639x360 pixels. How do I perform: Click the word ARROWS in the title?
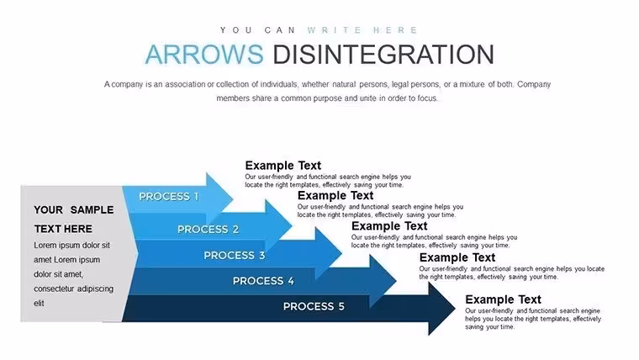pyautogui.click(x=204, y=54)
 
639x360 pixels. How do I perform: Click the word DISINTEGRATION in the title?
pyautogui.click(x=383, y=54)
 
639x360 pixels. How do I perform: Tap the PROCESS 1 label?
pyautogui.click(x=169, y=197)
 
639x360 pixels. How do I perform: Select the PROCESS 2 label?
pyautogui.click(x=208, y=229)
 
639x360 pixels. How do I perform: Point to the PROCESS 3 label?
pyautogui.click(x=235, y=255)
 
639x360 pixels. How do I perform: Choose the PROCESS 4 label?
pyautogui.click(x=263, y=281)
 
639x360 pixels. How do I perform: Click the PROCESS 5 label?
pyautogui.click(x=314, y=306)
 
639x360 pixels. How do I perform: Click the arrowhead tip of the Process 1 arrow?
pyautogui.click(x=233, y=199)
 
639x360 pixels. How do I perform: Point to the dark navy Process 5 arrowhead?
pyautogui.click(x=441, y=309)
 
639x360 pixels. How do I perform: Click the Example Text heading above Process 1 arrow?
pyautogui.click(x=283, y=166)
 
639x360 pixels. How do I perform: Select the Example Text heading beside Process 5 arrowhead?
pyautogui.click(x=503, y=299)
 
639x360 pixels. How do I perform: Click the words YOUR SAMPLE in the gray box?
pyautogui.click(x=74, y=210)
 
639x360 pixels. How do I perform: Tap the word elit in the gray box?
pyautogui.click(x=39, y=303)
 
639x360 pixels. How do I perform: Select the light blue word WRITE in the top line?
pyautogui.click(x=335, y=30)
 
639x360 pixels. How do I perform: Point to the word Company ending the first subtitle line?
pyautogui.click(x=534, y=84)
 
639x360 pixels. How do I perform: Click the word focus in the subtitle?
pyautogui.click(x=427, y=98)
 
